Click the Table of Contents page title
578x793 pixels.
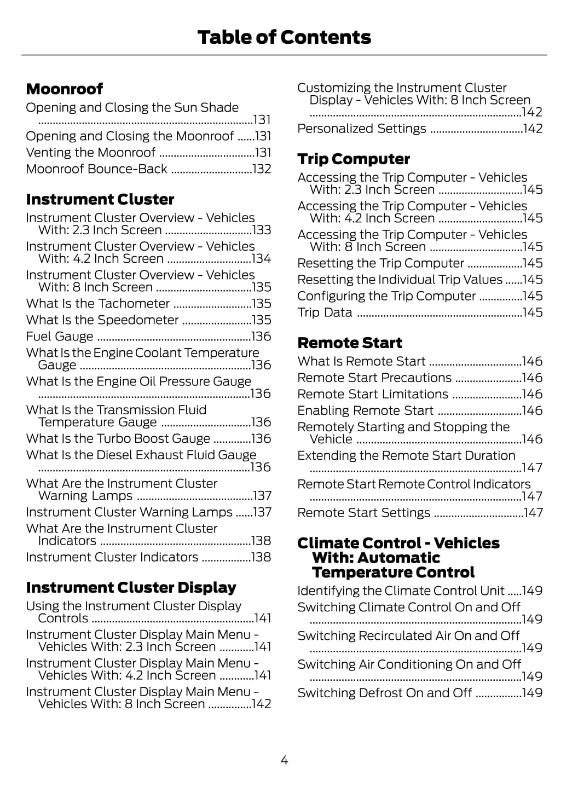tap(284, 37)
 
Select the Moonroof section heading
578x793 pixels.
tap(65, 89)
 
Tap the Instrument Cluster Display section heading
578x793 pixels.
tap(131, 588)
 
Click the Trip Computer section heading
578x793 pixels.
tap(354, 159)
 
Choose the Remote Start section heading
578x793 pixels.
tap(350, 343)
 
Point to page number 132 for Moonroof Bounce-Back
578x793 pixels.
tap(262, 169)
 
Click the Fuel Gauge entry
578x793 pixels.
tap(60, 337)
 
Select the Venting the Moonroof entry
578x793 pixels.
tap(91, 153)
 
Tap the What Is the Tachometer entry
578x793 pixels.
tap(98, 304)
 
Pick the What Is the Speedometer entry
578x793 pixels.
tap(102, 320)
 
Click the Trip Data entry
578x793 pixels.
tap(325, 312)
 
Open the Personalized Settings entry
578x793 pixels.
tap(362, 129)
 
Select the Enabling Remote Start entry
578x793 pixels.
tap(366, 411)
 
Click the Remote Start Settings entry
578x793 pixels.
tap(364, 513)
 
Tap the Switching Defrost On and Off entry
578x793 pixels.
tap(385, 693)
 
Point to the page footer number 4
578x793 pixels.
tap(284, 760)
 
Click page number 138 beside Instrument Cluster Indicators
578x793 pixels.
tap(261, 557)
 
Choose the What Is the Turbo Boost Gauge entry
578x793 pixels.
tap(118, 439)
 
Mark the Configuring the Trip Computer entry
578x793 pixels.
tap(387, 296)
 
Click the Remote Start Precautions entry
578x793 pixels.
tap(375, 378)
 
